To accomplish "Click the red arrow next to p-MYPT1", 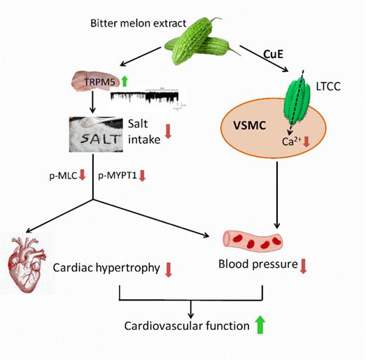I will coord(143,175).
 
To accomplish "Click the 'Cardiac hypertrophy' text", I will coord(105,267).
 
